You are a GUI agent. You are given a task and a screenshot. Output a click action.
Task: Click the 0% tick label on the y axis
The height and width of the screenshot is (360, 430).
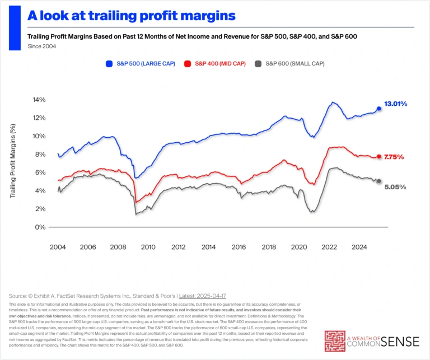coord(41,227)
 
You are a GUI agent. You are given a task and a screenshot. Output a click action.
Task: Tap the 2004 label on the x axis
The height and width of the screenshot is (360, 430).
coord(58,246)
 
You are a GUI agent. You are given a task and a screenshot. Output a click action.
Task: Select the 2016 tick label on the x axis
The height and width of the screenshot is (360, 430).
coord(239,246)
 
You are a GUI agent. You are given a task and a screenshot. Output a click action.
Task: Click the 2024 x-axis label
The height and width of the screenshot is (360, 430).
coord(359,246)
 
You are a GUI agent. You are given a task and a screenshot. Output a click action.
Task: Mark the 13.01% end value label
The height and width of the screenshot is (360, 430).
coord(395,104)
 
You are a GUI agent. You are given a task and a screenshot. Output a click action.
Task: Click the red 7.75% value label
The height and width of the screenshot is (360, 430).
coord(394,157)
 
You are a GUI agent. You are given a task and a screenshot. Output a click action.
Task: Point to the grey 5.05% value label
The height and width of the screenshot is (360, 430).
coord(395,187)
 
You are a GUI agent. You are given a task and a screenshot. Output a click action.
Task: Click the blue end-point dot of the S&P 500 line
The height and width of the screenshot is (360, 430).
coord(379,109)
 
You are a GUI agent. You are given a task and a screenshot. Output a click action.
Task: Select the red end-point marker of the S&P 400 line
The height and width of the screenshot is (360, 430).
coord(379,157)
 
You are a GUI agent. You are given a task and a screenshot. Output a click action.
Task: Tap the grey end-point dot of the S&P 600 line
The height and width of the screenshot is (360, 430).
coord(379,181)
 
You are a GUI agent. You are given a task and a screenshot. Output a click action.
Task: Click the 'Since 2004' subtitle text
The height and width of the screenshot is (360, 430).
coord(41,46)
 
